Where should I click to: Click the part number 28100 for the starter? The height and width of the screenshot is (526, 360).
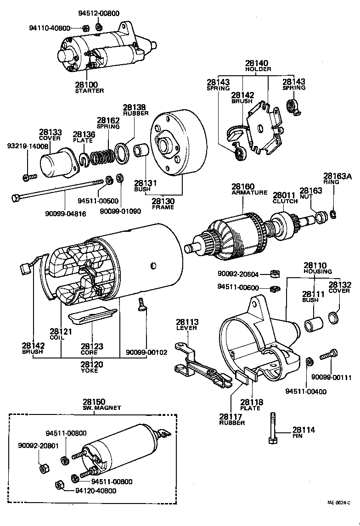point(86,85)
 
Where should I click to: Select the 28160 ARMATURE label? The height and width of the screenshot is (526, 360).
point(249,189)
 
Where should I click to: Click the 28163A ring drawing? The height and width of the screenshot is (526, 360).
point(333,213)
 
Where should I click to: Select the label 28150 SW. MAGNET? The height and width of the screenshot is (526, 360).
point(95,404)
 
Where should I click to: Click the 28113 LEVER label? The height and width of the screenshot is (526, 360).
point(186,325)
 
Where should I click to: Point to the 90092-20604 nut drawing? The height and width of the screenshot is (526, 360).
point(272,274)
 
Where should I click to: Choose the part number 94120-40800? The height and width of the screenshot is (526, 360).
point(96,491)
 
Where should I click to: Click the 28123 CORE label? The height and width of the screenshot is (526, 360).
point(92,349)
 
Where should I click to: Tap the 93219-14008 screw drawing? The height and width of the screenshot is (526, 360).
point(28,176)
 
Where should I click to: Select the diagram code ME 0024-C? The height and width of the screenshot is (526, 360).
point(342,503)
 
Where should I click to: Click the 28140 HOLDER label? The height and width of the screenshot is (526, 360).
point(257,66)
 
